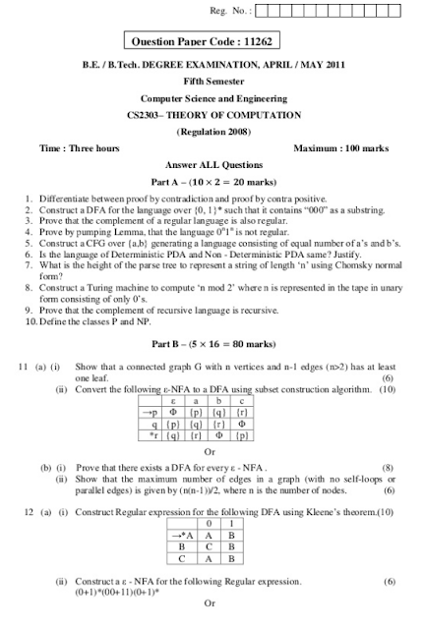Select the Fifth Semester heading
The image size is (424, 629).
[x=212, y=83]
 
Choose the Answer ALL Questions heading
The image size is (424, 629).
[x=212, y=164]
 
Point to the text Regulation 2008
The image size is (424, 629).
[x=212, y=131]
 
